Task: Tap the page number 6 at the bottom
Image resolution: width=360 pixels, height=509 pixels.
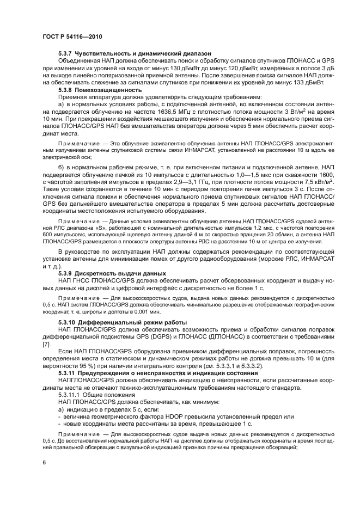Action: [x=44, y=463]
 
